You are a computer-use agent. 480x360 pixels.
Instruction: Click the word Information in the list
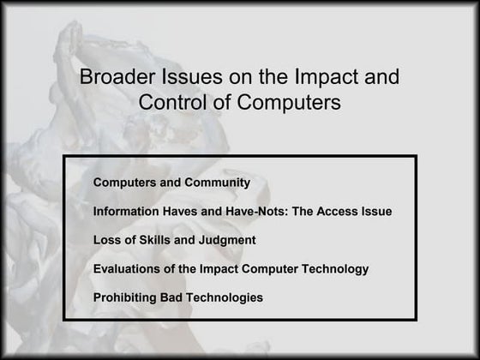[125, 212]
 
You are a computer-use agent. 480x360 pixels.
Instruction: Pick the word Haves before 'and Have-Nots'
[182, 212]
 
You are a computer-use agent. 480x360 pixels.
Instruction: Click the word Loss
[107, 241]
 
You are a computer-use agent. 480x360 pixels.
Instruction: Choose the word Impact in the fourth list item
[219, 269]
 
